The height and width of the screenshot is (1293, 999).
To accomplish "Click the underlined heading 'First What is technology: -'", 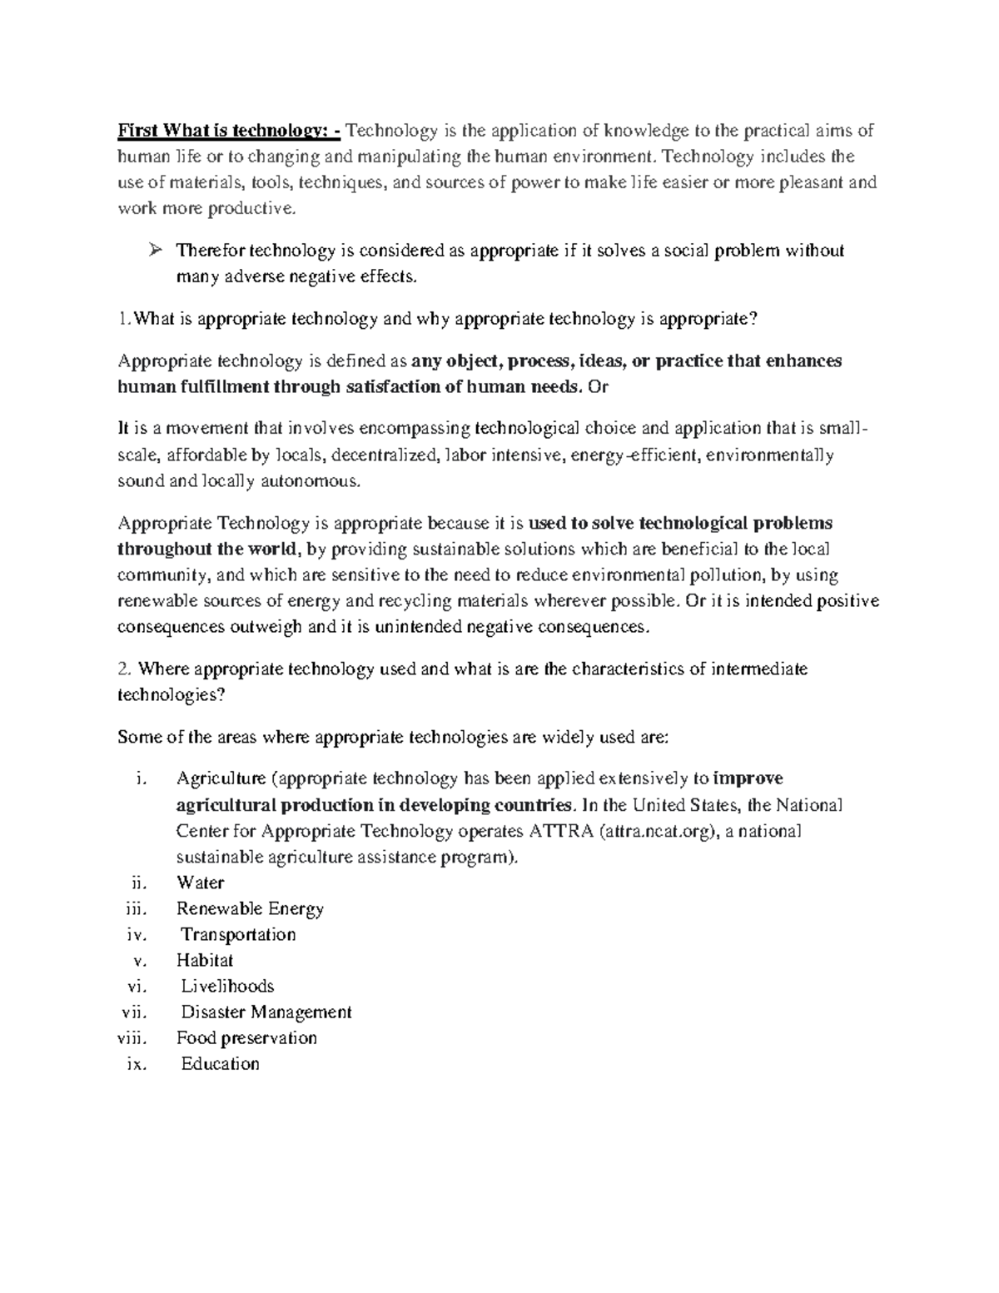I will [229, 131].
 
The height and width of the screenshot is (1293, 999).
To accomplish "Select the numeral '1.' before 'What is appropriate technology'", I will [125, 319].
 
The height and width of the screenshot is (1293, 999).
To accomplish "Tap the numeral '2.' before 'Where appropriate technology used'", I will [125, 669].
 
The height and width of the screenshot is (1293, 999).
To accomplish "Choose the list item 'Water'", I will [200, 883].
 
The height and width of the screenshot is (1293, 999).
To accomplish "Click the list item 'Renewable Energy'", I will [250, 908].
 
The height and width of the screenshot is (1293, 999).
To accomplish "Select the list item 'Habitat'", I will [205, 960].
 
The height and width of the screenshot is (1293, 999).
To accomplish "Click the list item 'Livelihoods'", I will [227, 986].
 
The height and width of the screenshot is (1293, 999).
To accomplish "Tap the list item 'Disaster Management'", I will [266, 1012].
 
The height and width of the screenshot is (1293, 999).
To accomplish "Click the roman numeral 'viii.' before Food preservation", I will [132, 1038].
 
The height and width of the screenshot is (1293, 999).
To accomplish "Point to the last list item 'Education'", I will [221, 1064].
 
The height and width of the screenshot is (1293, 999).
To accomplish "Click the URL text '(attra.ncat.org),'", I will [659, 831].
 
